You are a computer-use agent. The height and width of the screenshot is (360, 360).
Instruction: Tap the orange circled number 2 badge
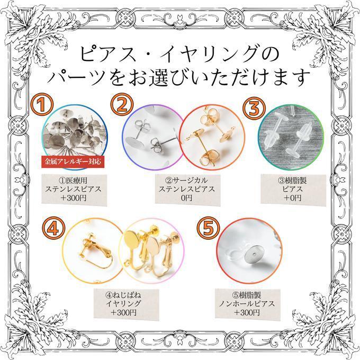[122, 104]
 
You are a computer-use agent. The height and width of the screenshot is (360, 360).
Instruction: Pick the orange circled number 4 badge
[53, 229]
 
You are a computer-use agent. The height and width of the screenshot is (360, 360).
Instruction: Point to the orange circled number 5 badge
[209, 229]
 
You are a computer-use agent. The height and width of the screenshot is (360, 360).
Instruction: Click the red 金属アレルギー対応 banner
[73, 161]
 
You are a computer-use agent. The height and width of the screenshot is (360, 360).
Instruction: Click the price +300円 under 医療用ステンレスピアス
[74, 198]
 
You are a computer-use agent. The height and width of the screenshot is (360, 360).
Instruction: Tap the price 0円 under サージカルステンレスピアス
[186, 197]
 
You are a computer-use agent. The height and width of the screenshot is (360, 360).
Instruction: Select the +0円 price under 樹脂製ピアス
[292, 197]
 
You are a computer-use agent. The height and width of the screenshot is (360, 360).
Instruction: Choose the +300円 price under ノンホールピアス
[247, 312]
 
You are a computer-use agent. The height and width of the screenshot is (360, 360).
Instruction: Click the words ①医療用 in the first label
[73, 181]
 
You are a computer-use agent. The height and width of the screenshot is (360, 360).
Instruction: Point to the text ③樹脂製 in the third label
[292, 181]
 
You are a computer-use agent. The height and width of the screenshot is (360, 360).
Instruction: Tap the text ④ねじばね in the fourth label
[123, 295]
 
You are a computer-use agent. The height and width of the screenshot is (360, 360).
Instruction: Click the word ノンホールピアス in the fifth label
[247, 303]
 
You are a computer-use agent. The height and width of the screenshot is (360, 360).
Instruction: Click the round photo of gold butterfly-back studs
[212, 137]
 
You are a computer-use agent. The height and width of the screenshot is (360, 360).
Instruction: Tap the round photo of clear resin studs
[291, 137]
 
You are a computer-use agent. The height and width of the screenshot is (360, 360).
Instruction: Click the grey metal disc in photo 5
[253, 255]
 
